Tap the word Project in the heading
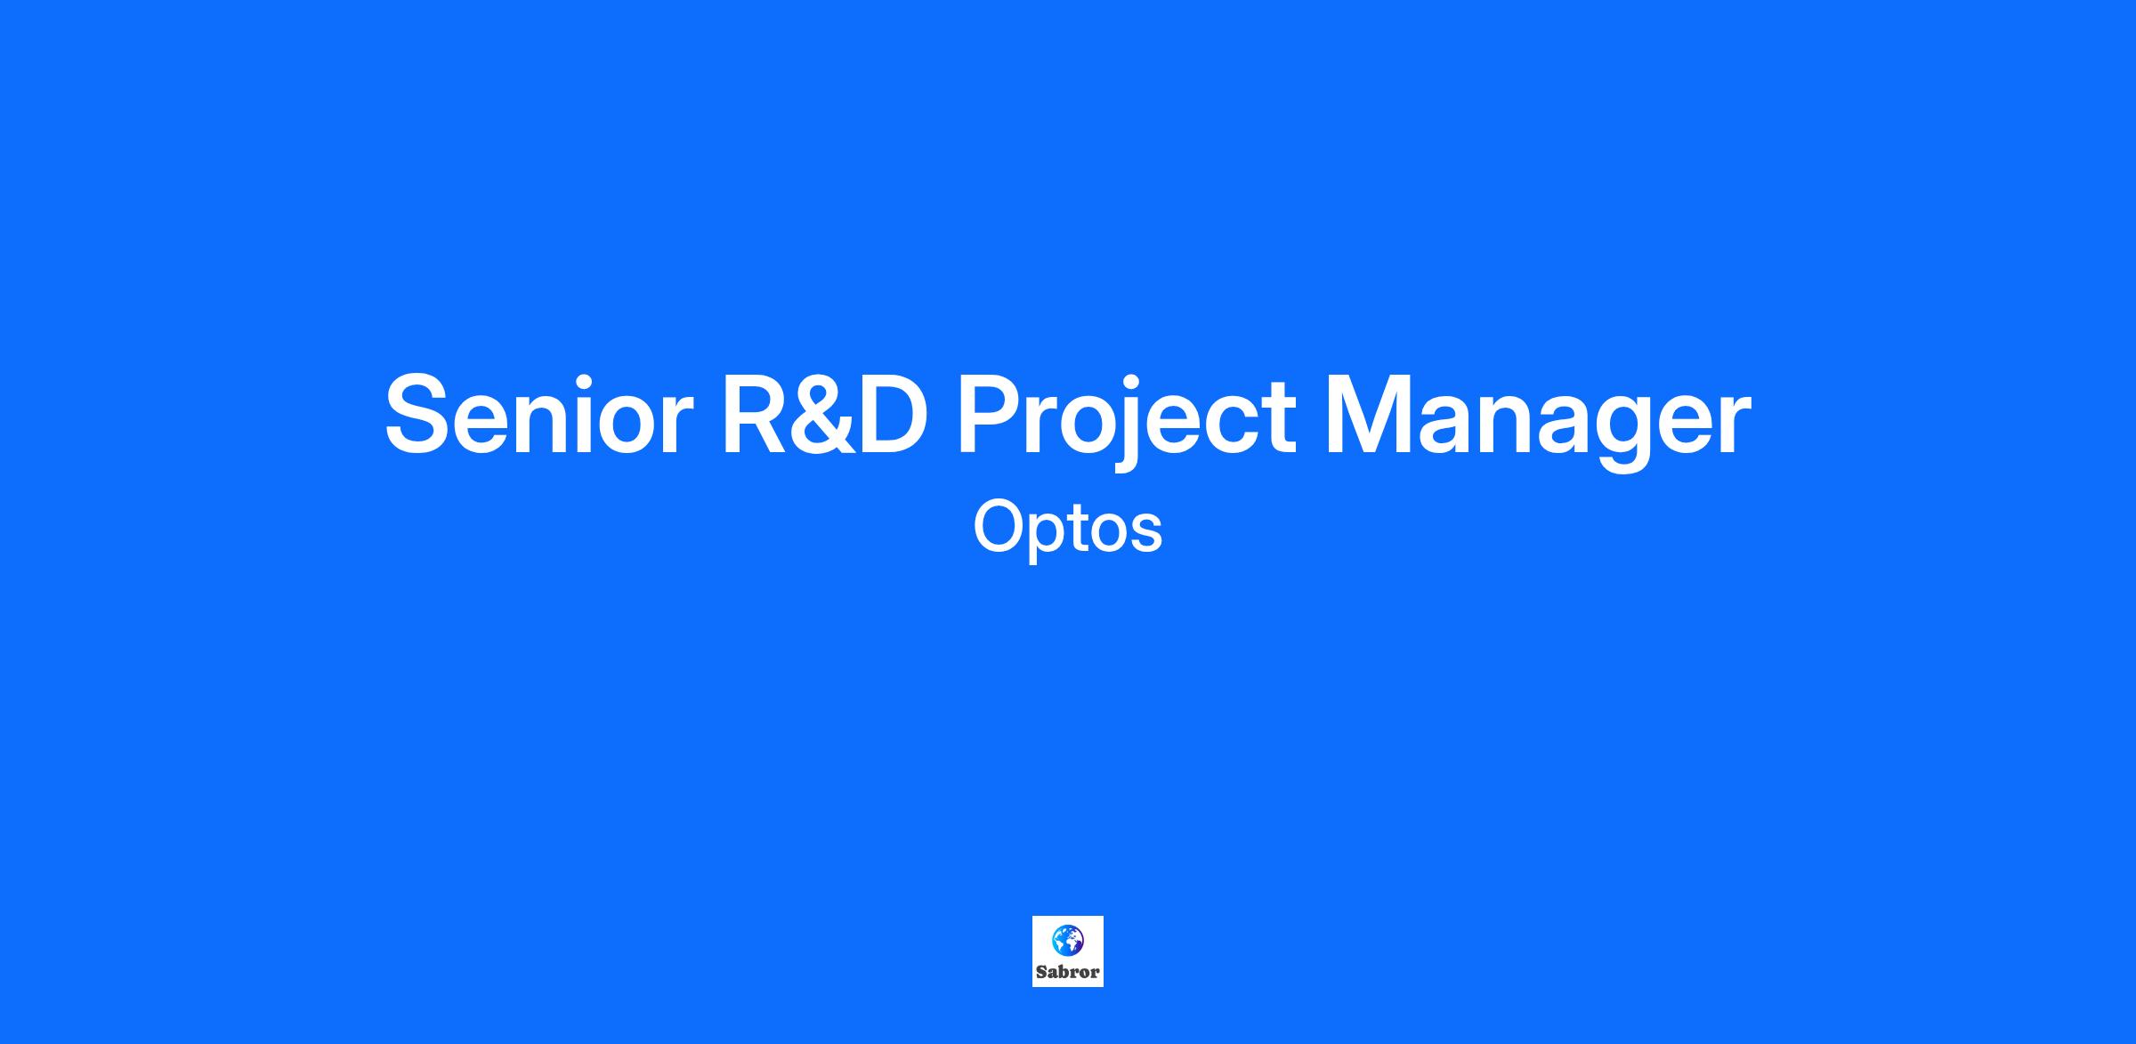[1126, 418]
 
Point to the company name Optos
[1068, 528]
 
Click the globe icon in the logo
[1067, 939]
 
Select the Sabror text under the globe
[1067, 972]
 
